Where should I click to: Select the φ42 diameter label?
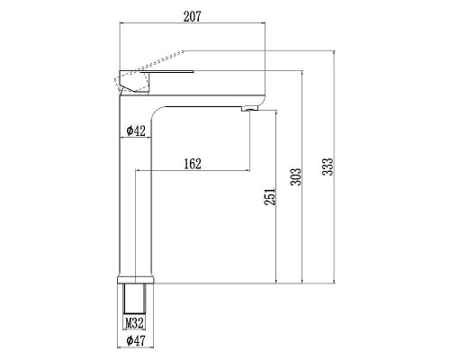click(136, 130)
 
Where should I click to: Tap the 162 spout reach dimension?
click(191, 163)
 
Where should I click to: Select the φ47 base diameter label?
click(136, 342)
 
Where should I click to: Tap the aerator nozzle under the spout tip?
click(249, 108)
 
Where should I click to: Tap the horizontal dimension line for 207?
click(194, 27)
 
